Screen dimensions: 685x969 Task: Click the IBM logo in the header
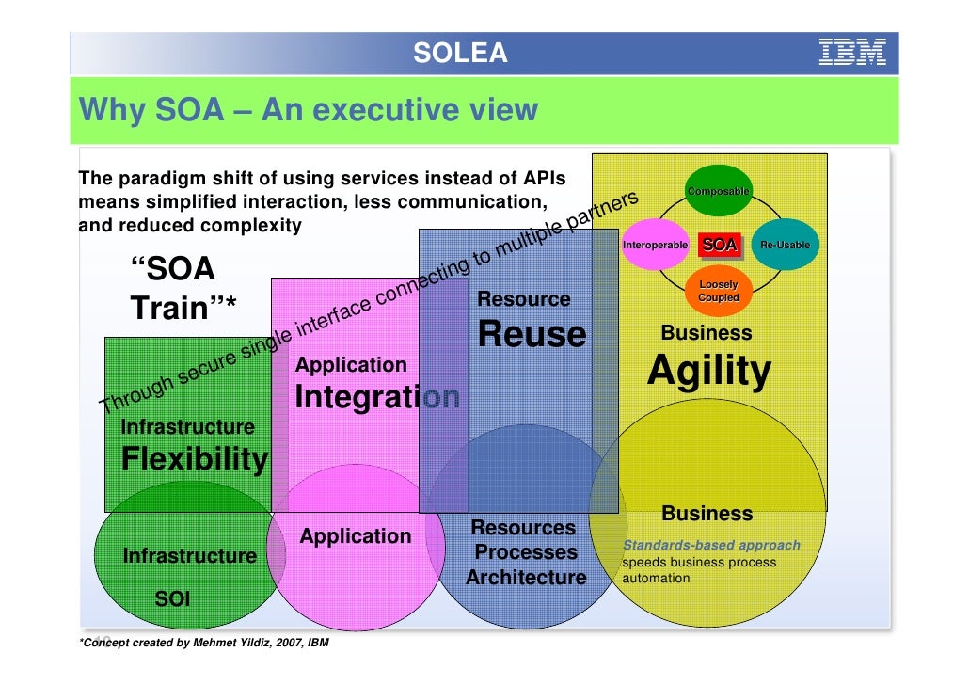click(852, 53)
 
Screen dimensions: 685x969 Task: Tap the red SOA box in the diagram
click(720, 246)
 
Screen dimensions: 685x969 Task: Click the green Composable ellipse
click(718, 192)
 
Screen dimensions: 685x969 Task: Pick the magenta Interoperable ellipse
click(656, 246)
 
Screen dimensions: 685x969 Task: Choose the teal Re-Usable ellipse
click(785, 246)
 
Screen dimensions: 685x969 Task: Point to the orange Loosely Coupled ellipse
click(719, 292)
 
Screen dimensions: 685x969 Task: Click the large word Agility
click(708, 372)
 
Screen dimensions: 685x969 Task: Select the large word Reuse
click(532, 334)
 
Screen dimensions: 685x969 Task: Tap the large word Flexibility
click(195, 460)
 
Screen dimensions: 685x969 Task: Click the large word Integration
click(377, 397)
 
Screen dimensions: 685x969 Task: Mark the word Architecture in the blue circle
click(526, 578)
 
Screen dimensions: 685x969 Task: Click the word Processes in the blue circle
click(526, 552)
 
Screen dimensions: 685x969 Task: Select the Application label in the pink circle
click(356, 537)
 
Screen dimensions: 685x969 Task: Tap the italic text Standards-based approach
click(712, 545)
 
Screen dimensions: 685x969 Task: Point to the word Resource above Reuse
click(524, 299)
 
